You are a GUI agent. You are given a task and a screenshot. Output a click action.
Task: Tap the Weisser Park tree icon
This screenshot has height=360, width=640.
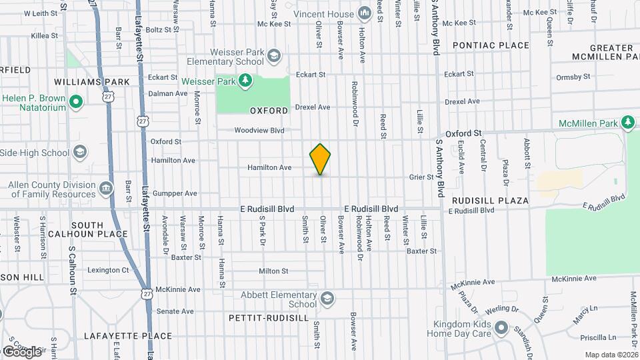point(247,81)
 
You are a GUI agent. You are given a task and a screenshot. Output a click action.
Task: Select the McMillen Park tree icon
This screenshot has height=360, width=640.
point(627,122)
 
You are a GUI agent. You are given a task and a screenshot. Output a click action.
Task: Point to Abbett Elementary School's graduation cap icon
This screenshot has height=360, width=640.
point(327,298)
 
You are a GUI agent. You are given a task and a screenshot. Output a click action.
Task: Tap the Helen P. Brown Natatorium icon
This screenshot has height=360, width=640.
point(76,103)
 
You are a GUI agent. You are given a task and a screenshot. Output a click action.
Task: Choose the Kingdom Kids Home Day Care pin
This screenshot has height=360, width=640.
point(501,329)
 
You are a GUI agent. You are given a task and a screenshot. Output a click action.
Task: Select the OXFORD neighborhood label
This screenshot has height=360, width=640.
point(269,110)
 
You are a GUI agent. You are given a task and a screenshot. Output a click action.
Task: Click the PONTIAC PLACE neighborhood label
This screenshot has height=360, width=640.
point(491,46)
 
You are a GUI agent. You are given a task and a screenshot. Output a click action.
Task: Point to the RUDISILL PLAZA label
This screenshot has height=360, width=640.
point(490,200)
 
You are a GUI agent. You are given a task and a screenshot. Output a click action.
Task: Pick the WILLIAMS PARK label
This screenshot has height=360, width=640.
point(101,82)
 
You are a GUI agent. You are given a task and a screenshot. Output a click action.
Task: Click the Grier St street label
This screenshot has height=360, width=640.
point(421,177)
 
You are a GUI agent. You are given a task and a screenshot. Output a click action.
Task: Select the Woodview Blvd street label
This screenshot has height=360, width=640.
point(259,130)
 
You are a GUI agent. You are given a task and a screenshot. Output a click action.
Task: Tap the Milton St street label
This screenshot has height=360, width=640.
point(273,271)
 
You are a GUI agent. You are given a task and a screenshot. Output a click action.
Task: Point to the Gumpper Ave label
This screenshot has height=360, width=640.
point(175,193)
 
